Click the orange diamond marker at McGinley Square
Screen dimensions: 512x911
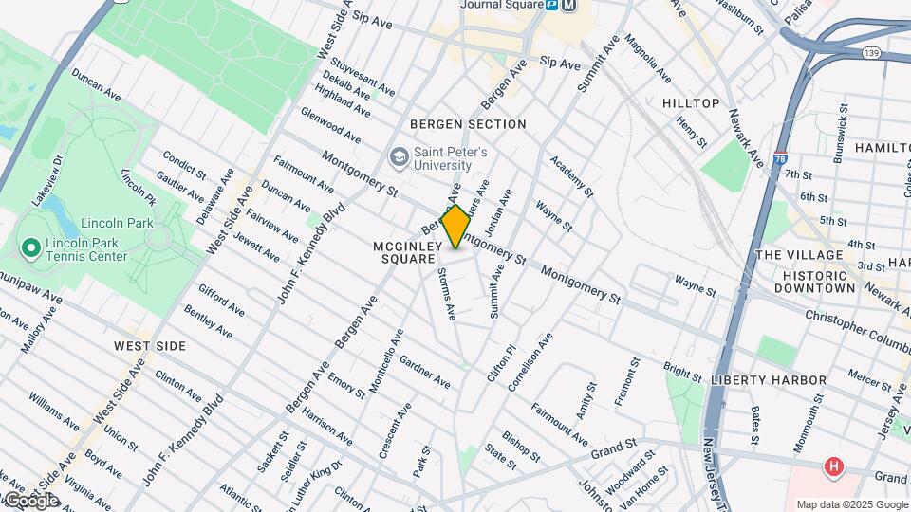(455, 227)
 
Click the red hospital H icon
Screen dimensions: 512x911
(833, 466)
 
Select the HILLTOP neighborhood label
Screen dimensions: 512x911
(691, 102)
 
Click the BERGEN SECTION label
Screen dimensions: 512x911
(468, 124)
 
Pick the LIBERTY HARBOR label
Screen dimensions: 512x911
(768, 380)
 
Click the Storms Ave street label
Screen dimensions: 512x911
(448, 294)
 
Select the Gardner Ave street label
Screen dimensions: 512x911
(424, 372)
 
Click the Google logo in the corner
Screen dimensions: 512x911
(30, 501)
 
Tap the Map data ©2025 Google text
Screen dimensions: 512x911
(851, 504)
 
